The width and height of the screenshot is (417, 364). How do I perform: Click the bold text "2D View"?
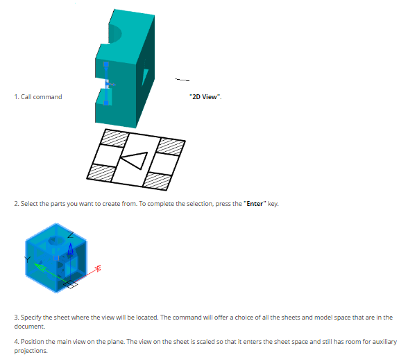205,97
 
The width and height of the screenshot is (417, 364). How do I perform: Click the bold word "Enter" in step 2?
255,204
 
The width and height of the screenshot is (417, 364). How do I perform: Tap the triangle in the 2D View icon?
135,160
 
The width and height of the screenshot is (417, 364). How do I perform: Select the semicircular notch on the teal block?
115,33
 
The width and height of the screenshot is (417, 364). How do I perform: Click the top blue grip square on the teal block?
106,64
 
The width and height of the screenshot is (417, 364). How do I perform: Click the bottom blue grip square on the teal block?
106,103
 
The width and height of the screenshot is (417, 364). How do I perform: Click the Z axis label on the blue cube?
71,235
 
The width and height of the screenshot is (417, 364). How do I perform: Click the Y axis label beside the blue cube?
28,259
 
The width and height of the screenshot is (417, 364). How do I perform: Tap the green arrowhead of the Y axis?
40,267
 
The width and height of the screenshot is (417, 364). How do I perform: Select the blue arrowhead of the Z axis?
71,249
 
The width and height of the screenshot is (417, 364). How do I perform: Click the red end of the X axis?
99,268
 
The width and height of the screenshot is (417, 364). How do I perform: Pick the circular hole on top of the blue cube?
56,241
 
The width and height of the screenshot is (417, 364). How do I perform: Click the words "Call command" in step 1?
42,97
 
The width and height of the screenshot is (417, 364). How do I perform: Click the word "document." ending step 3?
30,327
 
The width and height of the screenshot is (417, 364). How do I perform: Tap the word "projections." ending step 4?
31,351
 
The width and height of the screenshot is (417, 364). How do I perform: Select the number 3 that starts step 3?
16,318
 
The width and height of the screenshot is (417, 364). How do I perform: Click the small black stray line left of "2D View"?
182,80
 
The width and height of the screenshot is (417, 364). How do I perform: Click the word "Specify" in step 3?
31,318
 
